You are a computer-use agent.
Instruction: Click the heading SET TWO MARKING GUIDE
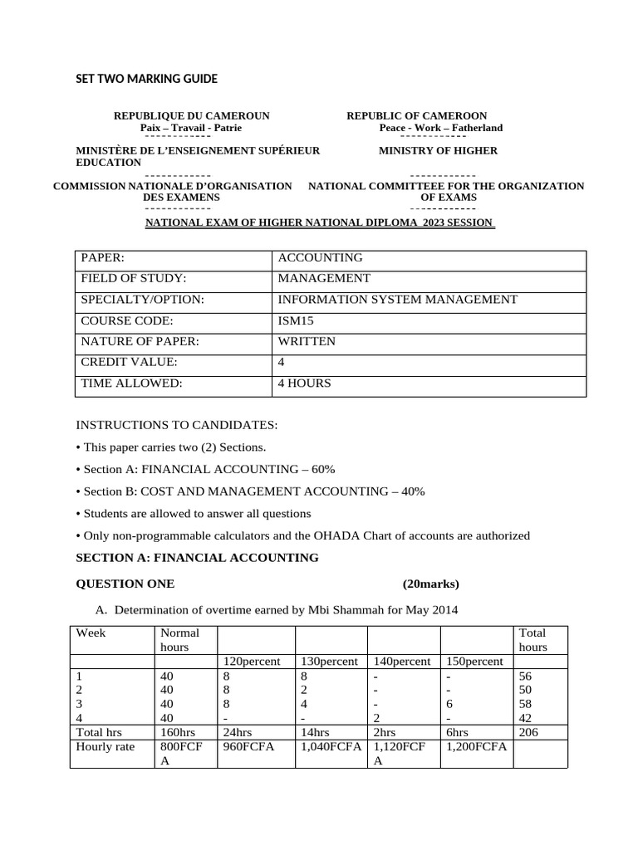click(x=147, y=79)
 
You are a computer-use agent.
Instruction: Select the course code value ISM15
click(x=296, y=320)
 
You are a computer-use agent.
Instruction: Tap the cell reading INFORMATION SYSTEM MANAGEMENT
click(x=397, y=300)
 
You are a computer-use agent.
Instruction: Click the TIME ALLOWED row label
click(x=131, y=383)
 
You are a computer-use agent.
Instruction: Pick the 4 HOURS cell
click(x=304, y=383)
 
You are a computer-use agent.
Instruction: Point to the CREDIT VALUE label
click(x=129, y=363)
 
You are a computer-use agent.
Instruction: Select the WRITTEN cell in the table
click(x=307, y=341)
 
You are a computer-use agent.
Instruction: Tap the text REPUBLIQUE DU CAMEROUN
click(x=191, y=116)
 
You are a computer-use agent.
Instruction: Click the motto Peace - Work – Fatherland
click(x=440, y=128)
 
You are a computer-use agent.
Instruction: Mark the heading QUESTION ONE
click(x=125, y=584)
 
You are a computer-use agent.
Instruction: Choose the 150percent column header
click(x=474, y=662)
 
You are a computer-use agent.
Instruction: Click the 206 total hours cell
click(x=528, y=733)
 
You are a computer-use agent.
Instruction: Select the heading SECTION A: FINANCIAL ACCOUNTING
click(x=197, y=558)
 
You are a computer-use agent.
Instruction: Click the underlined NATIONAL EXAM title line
click(x=320, y=222)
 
